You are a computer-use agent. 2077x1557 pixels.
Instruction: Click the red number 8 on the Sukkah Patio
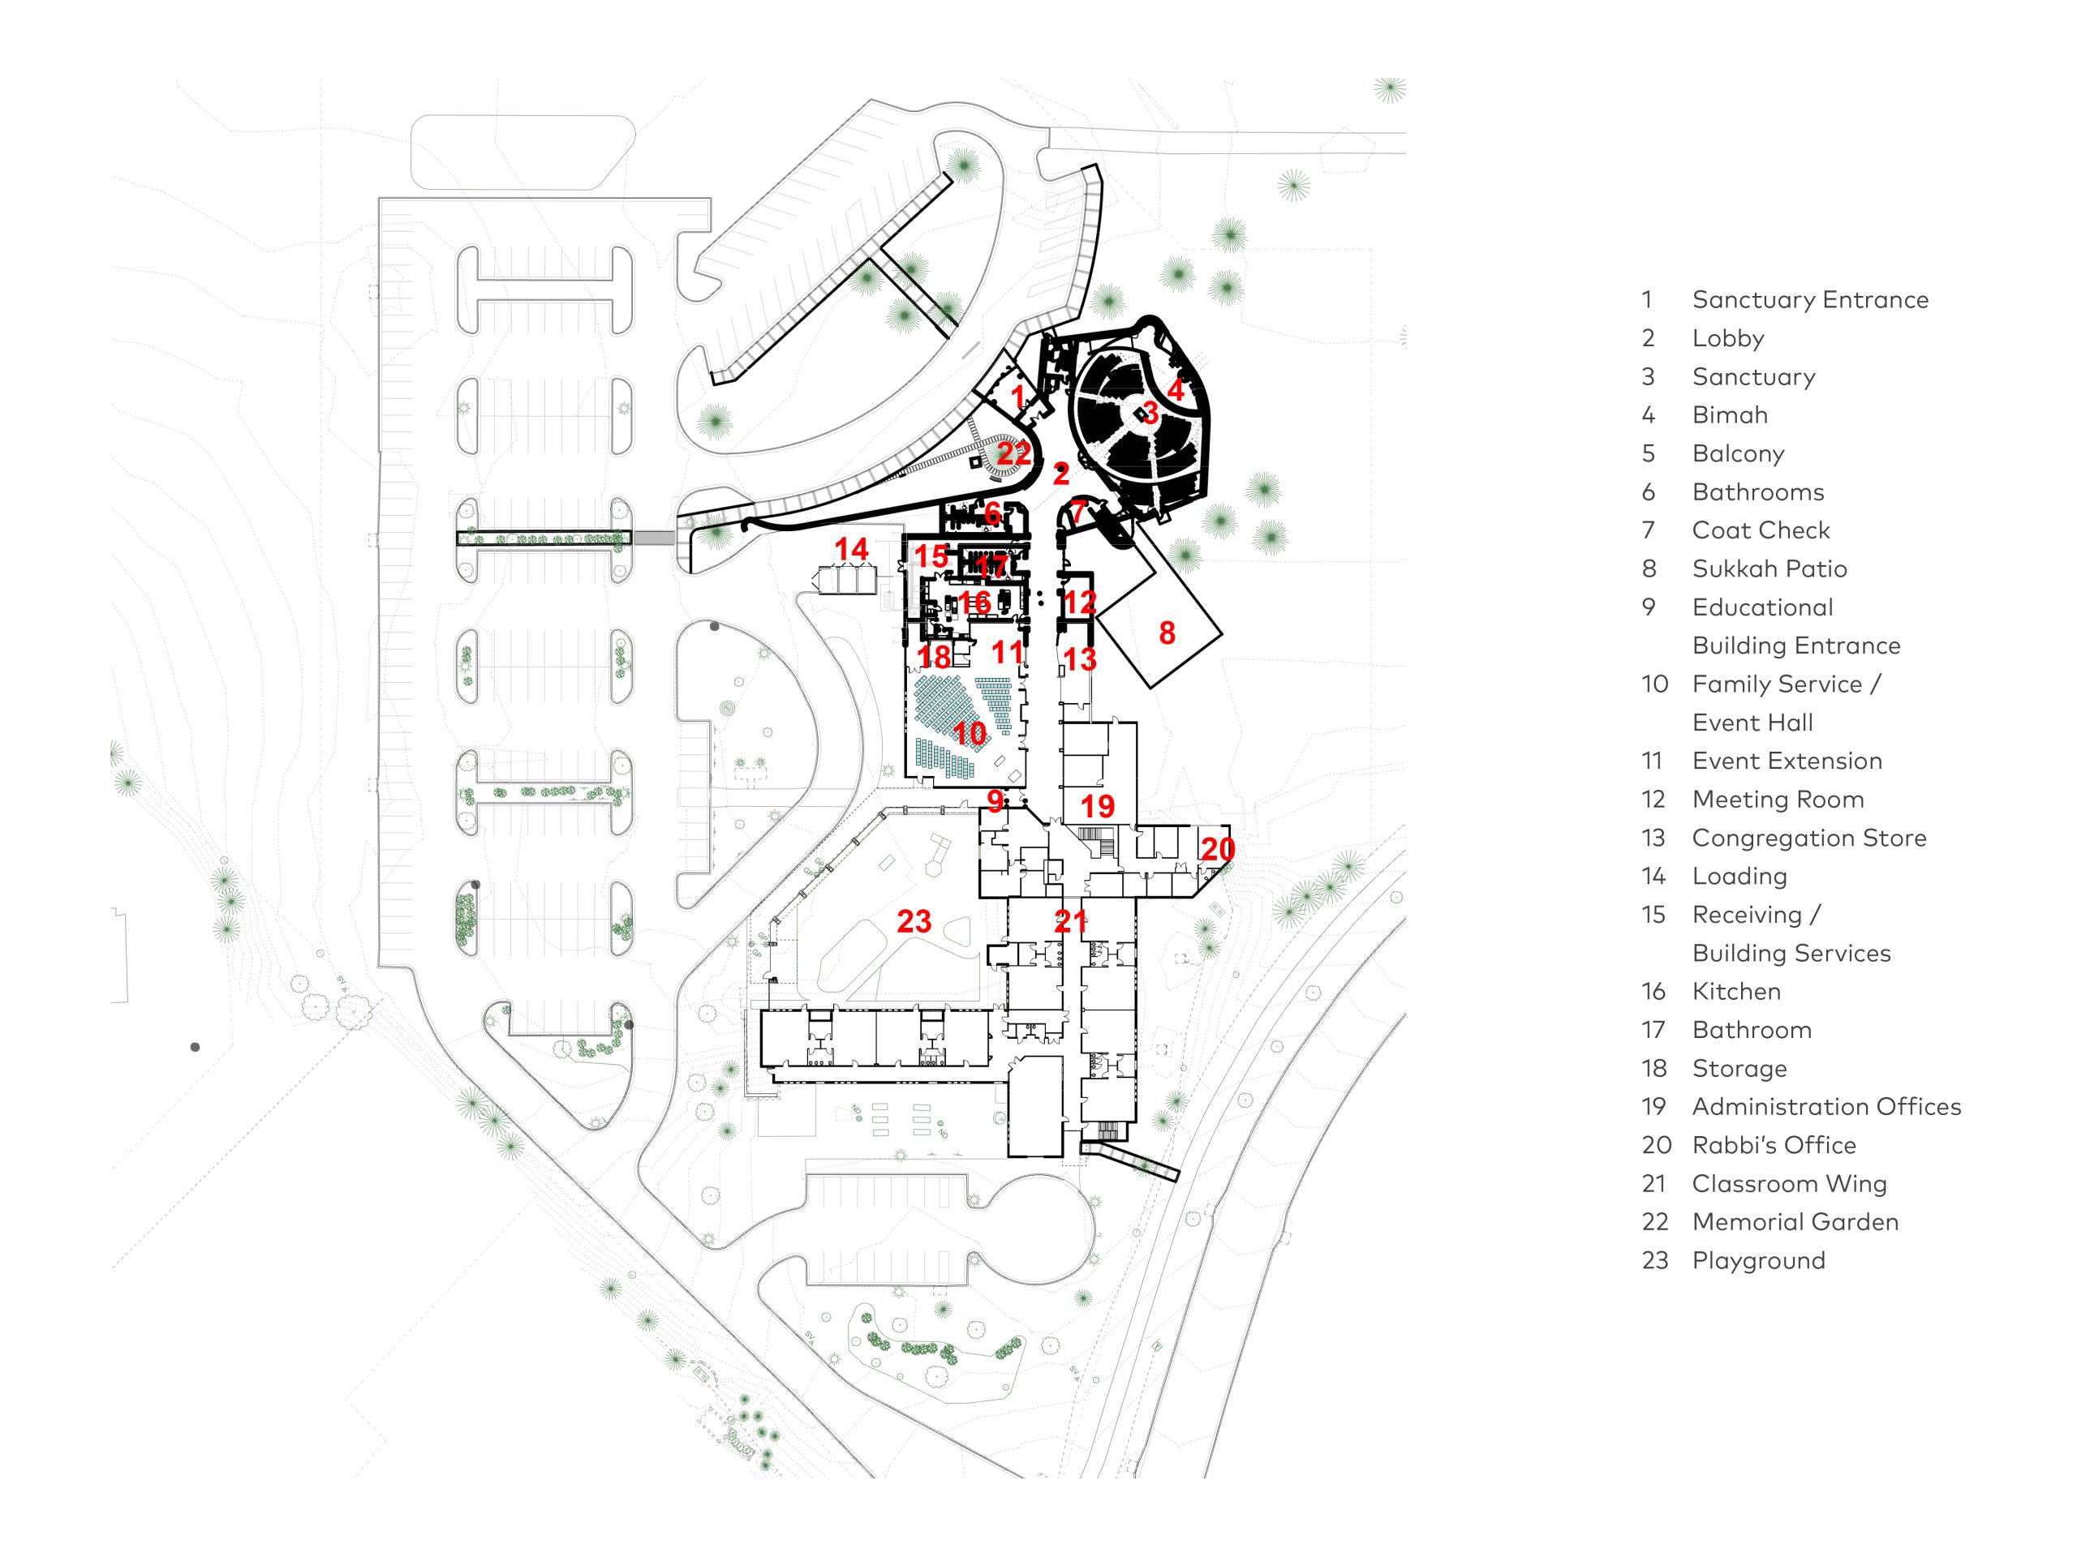(1168, 633)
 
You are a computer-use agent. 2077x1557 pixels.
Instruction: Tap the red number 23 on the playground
(914, 921)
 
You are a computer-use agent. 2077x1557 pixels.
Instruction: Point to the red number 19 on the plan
(1097, 806)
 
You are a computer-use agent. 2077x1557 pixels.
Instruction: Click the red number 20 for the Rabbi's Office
(1218, 849)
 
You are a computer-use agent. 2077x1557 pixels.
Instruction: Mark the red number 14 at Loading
(852, 549)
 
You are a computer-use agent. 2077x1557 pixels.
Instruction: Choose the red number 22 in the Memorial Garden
(1014, 453)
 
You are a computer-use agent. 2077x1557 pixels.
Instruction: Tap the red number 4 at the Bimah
(1176, 388)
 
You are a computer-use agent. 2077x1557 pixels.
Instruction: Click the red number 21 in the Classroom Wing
(1070, 921)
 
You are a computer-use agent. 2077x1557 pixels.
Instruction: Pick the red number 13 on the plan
(1080, 660)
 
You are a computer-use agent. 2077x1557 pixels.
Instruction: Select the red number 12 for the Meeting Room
(1080, 603)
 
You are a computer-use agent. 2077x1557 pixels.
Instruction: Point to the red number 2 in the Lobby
(1061, 474)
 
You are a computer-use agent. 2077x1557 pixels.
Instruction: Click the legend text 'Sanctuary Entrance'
(1809, 299)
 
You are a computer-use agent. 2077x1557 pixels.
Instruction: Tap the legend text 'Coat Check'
(1761, 530)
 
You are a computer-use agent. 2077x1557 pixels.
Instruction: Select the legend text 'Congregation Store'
(1808, 838)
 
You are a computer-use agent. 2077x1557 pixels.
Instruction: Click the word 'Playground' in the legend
(1759, 1260)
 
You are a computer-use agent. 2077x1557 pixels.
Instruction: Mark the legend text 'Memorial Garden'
(1795, 1222)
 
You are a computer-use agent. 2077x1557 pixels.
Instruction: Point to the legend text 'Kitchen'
(1736, 991)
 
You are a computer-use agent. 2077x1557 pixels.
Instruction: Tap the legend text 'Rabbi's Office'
(1774, 1145)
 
